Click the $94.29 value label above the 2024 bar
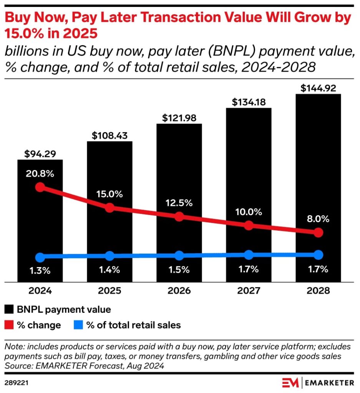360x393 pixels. tap(40, 154)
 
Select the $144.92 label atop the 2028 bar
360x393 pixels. tap(318, 88)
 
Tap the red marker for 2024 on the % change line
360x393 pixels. tap(40, 187)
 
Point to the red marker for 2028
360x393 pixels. tap(318, 232)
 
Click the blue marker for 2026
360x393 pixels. tap(179, 255)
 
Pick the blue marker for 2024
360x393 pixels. tap(40, 257)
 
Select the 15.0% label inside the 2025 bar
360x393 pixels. tap(109, 194)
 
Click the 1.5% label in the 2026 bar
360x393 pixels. tap(179, 269)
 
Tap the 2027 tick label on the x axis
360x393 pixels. tap(249, 291)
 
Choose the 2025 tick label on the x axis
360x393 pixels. tap(109, 291)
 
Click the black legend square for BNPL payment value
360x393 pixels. tap(9, 309)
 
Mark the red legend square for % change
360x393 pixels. tap(9, 325)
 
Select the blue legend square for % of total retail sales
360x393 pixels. tap(78, 325)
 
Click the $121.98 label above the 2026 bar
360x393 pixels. tap(179, 118)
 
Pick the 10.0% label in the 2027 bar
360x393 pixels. tap(249, 212)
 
